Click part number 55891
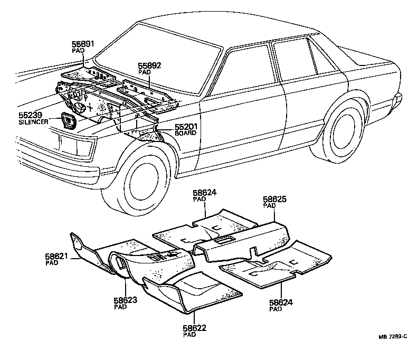(83, 44)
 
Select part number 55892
(149, 65)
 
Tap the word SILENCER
(33, 122)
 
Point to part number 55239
(31, 115)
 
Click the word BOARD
(186, 133)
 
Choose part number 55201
(186, 126)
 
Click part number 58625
(274, 199)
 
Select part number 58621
(56, 256)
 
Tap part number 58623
(126, 300)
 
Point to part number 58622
(195, 328)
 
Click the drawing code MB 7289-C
(393, 337)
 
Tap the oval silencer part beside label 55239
(69, 121)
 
